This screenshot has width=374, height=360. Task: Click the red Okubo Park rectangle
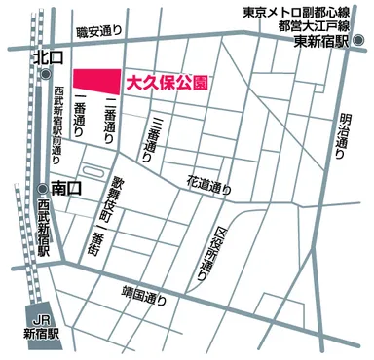pos(96,80)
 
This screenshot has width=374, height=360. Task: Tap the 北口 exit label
pos(46,58)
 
